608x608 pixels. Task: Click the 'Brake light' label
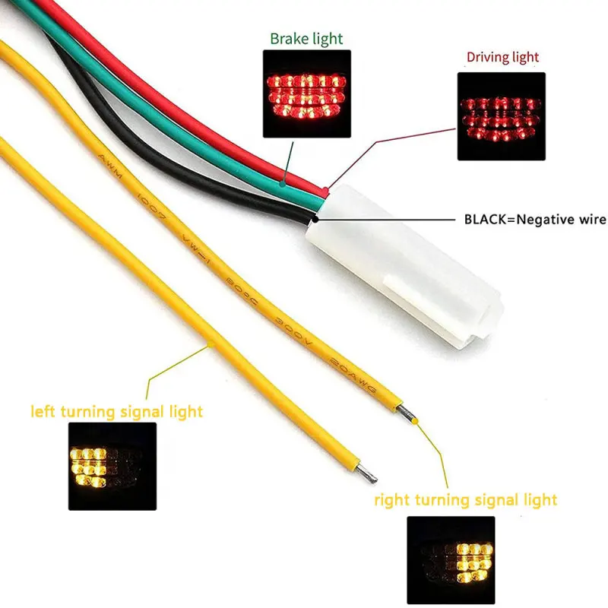306,39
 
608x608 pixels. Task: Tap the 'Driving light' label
502,56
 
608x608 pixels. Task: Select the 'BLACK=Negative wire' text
535,220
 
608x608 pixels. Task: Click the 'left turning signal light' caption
116,412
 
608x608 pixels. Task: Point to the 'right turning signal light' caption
465,499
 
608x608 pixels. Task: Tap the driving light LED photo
501,116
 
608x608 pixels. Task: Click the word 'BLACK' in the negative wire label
486,220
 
